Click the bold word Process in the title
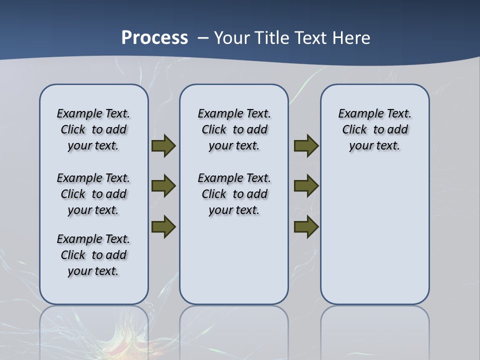pyautogui.click(x=154, y=38)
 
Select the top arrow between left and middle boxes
pyautogui.click(x=163, y=146)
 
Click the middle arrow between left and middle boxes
pyautogui.click(x=163, y=186)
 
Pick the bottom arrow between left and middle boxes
pyautogui.click(x=163, y=226)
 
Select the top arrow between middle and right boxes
pyautogui.click(x=306, y=146)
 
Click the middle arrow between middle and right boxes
pyautogui.click(x=306, y=186)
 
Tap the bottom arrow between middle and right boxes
pyautogui.click(x=306, y=226)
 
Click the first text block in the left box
pyautogui.click(x=93, y=129)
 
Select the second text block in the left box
pyautogui.click(x=93, y=194)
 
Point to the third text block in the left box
pyautogui.click(x=93, y=255)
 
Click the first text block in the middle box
pyautogui.click(x=234, y=129)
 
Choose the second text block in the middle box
pyautogui.click(x=234, y=194)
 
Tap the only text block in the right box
pyautogui.click(x=374, y=129)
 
